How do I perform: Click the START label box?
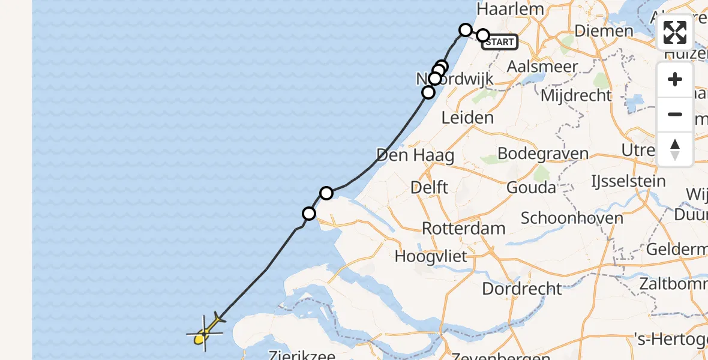[500, 42]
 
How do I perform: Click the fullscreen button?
[675, 32]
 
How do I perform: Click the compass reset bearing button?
[675, 149]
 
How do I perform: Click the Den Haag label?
[415, 155]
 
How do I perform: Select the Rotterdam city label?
[464, 228]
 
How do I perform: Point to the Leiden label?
[467, 118]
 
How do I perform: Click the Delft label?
[429, 187]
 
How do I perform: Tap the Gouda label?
[531, 187]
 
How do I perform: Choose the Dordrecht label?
[522, 289]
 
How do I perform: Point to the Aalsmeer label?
[542, 67]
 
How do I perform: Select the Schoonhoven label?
[572, 217]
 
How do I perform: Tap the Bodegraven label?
[543, 154]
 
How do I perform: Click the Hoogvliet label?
[431, 257]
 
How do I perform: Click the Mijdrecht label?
[576, 95]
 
